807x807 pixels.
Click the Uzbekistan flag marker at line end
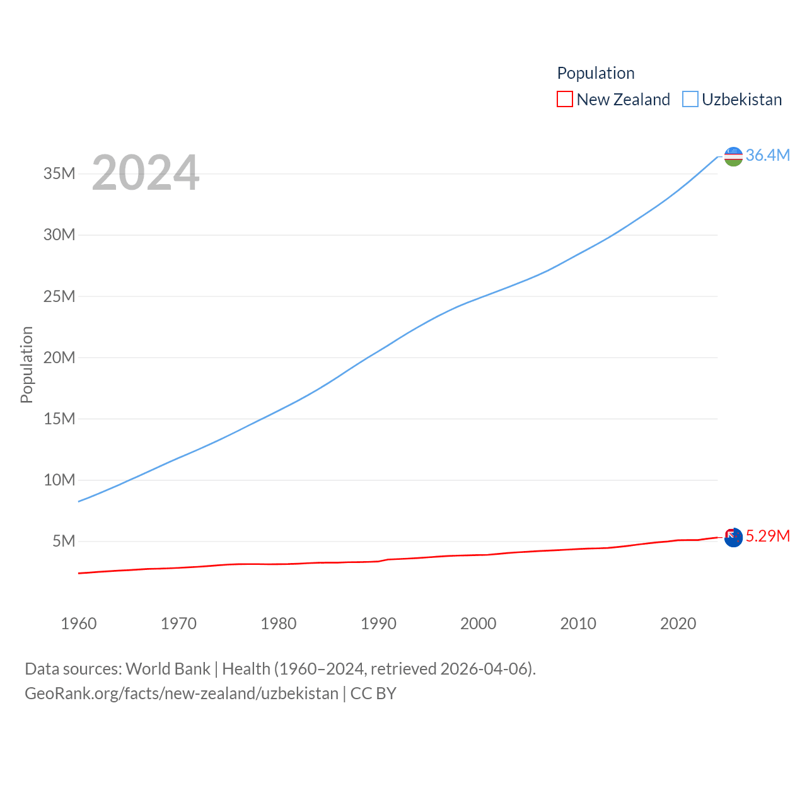pos(733,156)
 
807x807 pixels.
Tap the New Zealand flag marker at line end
pos(733,537)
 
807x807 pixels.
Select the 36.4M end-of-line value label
pos(767,155)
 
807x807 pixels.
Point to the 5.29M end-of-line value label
pos(767,536)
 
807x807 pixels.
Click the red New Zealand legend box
pos(565,100)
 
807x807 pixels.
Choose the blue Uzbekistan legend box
pos(690,100)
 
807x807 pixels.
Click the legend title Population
pos(596,73)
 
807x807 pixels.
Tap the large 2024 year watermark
pos(146,173)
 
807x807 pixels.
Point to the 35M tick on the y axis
pos(59,173)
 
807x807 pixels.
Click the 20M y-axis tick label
pos(59,357)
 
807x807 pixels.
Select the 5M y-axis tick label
pos(64,541)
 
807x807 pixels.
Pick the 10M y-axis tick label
pos(59,480)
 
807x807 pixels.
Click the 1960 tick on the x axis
pos(79,624)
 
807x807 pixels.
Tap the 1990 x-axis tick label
pos(378,624)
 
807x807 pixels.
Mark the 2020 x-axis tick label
pos(678,624)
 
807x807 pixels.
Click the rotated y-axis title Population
pos(26,364)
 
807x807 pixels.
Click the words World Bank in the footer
pos(168,668)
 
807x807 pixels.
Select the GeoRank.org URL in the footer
pos(182,694)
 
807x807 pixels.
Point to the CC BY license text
pos(373,694)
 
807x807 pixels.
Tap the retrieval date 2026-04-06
pos(484,668)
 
